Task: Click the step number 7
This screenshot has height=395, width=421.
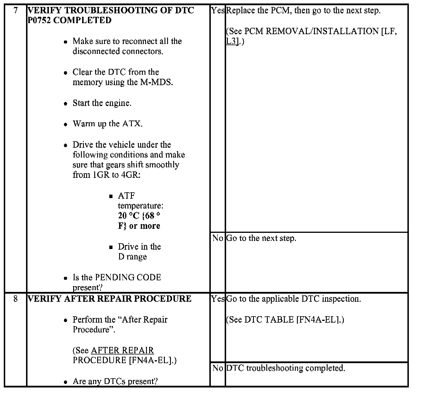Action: click(x=16, y=10)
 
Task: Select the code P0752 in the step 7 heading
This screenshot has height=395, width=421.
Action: click(x=39, y=20)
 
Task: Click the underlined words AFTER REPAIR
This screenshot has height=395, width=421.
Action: click(x=122, y=350)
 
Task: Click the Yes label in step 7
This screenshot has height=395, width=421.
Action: click(x=218, y=10)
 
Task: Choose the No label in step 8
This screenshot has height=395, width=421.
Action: click(x=218, y=368)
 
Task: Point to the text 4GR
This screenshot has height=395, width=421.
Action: click(x=130, y=175)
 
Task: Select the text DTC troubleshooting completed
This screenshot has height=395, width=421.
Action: click(x=286, y=368)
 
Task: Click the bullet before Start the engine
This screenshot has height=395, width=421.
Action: click(x=66, y=104)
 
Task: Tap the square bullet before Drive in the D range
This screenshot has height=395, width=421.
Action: click(x=111, y=247)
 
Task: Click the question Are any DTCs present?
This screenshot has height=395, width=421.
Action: click(x=115, y=381)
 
